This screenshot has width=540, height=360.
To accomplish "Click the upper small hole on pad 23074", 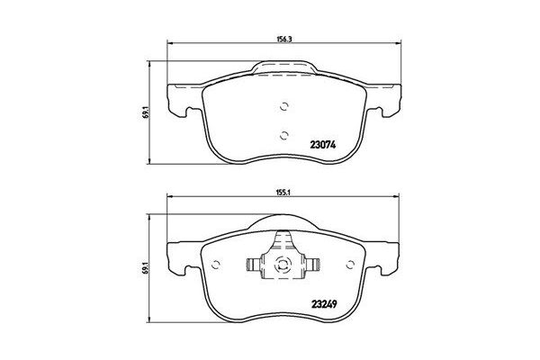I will pos(283,105).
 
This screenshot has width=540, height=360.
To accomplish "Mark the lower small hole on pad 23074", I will pos(283,136).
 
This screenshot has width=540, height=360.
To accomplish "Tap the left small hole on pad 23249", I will pos(216,264).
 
